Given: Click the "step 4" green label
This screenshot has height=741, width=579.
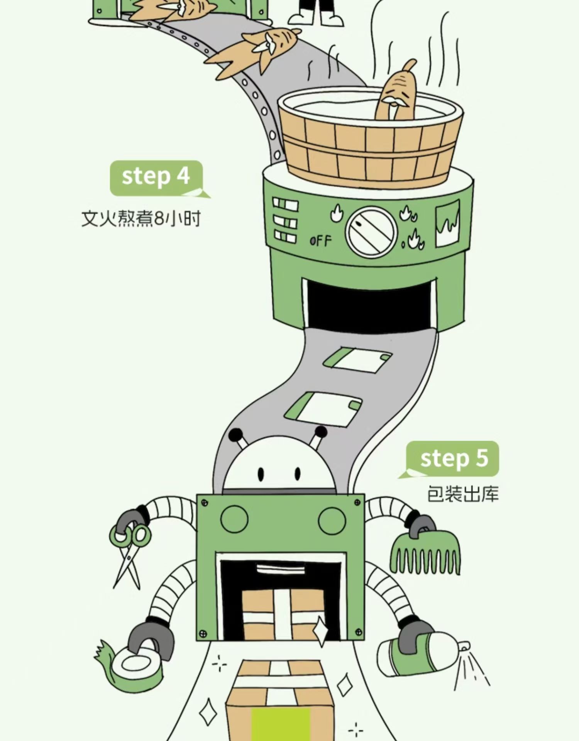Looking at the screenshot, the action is pos(156,177).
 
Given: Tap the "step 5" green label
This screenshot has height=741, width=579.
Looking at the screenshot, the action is pos(453,458).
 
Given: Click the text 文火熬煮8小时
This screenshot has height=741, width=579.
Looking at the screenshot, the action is pos(141,219).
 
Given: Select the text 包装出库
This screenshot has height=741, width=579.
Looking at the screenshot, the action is pos(463,494).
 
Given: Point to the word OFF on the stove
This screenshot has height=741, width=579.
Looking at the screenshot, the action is pos(320,241).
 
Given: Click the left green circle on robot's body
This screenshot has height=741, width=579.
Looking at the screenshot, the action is pos(234,519).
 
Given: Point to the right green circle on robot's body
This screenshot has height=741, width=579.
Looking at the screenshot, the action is pos(332,520).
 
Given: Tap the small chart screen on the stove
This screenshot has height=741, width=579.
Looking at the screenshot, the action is pos(448,224).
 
